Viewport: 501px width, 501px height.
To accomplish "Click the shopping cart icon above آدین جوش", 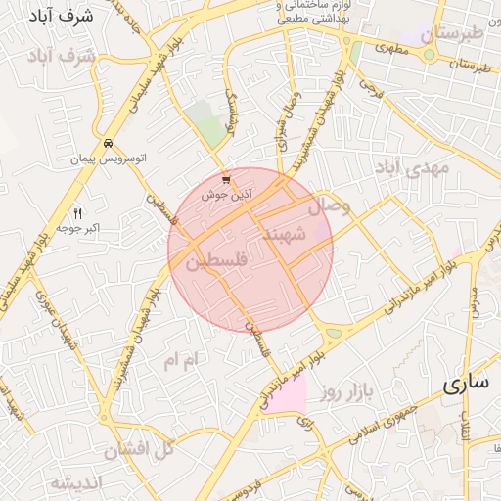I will coord(227,180).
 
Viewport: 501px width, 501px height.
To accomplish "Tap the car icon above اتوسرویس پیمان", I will coord(108,143).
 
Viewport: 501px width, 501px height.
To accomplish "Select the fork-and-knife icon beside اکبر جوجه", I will coord(79,213).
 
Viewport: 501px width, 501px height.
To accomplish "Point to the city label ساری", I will coord(465,383).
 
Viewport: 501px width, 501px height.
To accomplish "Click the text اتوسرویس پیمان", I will coord(107,158).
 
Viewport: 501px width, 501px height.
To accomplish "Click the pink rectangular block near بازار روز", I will coord(286,393).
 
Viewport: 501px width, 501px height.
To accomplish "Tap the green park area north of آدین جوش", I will coord(206,123).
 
